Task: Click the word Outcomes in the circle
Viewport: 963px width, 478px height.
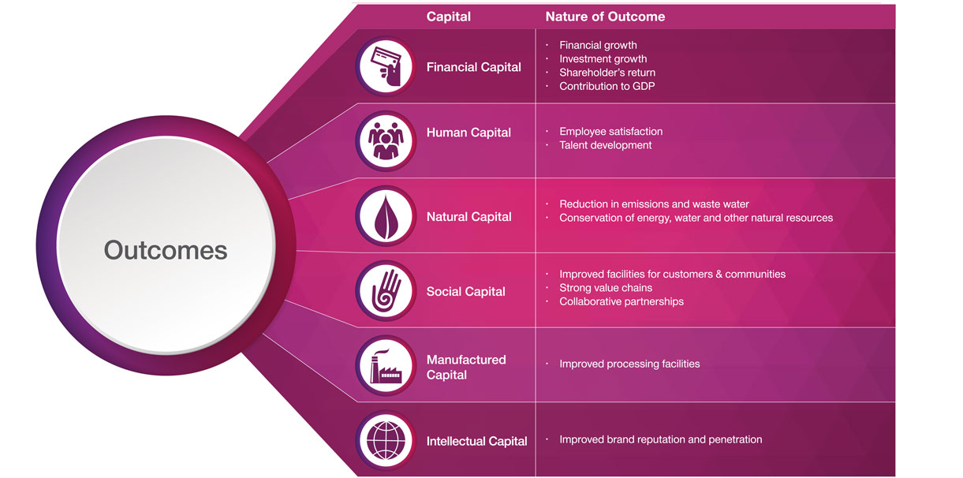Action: tap(166, 251)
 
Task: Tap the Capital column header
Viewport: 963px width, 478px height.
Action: tap(448, 17)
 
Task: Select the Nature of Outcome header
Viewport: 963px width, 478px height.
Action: tap(605, 17)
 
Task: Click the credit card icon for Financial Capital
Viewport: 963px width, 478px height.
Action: tap(385, 66)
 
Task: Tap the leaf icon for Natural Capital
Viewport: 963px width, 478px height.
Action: tap(385, 216)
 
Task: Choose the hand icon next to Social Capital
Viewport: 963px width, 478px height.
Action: tap(385, 290)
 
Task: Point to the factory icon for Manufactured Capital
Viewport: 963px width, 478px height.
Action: tap(385, 366)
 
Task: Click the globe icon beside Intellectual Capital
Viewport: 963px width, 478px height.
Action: tap(385, 440)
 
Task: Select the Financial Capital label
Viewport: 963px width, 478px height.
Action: tap(473, 67)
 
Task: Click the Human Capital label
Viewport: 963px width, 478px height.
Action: tap(468, 133)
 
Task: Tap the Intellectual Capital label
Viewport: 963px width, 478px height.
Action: tap(476, 441)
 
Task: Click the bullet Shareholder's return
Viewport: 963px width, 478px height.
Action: tap(607, 73)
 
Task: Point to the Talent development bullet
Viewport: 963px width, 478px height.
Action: tap(605, 145)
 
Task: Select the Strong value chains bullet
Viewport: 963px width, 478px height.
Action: tap(605, 288)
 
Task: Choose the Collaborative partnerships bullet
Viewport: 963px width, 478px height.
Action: tap(621, 301)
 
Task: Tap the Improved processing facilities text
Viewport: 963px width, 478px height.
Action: tap(629, 364)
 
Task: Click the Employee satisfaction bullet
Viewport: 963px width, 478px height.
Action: tap(610, 132)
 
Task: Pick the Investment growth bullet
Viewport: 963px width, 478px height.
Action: tap(603, 59)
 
